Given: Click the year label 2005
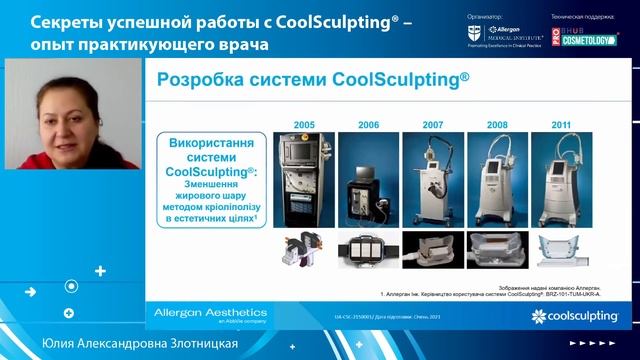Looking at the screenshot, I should point(305,124).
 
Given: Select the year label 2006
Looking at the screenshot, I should point(369,124).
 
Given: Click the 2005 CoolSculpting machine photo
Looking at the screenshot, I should point(305,178).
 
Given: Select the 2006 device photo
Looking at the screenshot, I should point(369,178).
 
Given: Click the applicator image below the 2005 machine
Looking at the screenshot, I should point(305,251).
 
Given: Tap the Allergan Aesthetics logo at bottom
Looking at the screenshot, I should point(210,316).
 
